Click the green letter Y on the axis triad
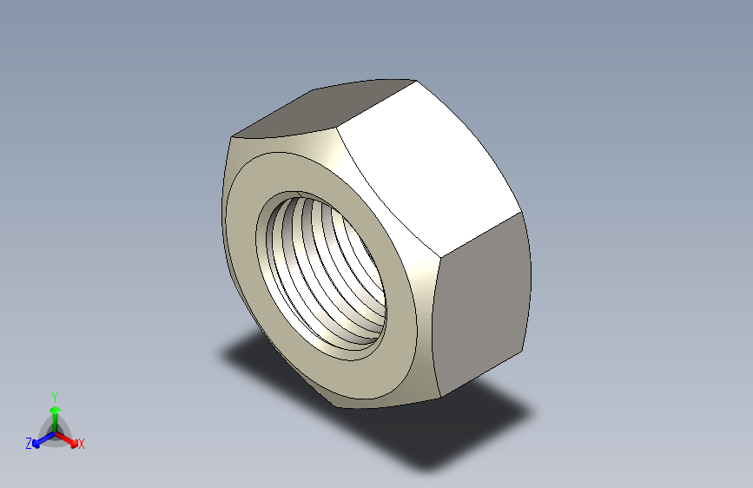54,396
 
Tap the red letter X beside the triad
82,445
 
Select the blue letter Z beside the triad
29,444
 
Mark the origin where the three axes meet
55,431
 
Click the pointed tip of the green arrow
54,405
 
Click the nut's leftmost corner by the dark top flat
231,136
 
